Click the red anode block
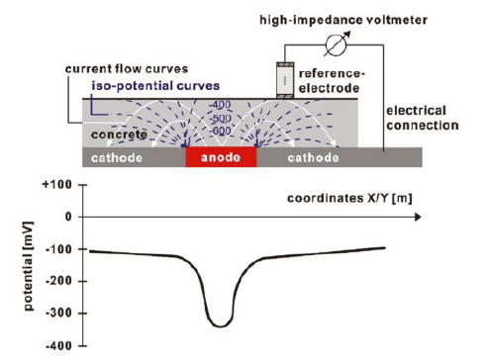point(221,157)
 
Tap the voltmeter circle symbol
point(337,45)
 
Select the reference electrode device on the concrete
point(285,80)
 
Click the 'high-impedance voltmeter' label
point(343,20)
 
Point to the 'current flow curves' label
point(127,69)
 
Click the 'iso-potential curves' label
point(155,86)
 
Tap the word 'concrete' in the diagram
point(119,135)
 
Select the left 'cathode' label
point(117,158)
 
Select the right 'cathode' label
point(313,158)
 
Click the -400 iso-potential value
point(220,105)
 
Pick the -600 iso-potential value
point(220,131)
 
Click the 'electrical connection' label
point(423,118)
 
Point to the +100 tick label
point(57,184)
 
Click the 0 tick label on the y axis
point(68,217)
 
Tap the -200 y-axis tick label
point(58,281)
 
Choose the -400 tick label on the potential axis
point(58,346)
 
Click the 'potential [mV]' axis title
point(29,266)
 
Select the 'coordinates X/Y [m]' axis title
point(349,199)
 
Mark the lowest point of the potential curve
point(221,326)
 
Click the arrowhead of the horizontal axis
point(418,217)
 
